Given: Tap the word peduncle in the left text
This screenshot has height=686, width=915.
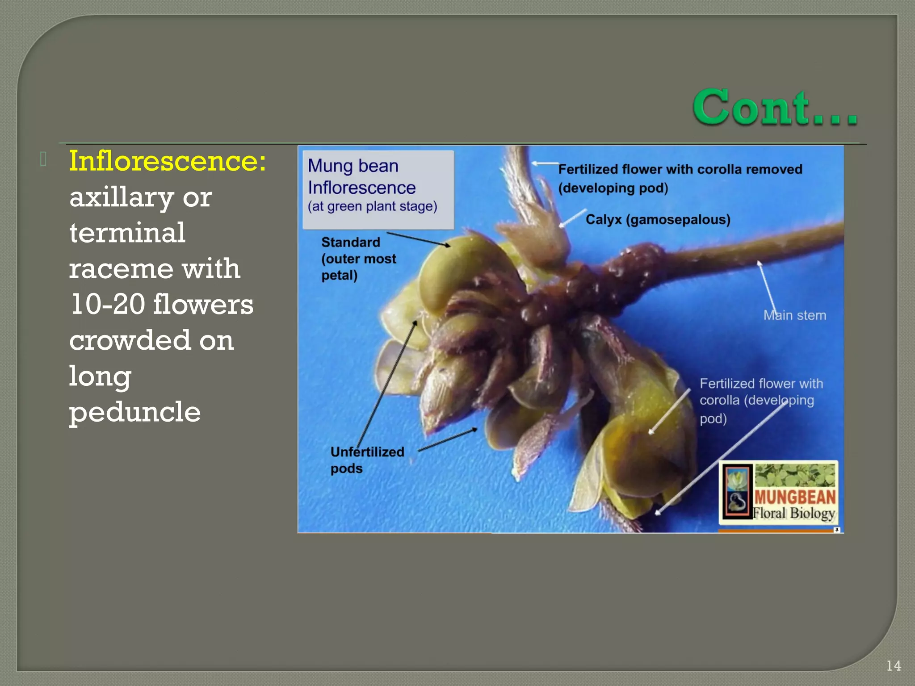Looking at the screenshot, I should (134, 412).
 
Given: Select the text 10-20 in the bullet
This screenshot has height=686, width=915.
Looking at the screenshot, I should (108, 305).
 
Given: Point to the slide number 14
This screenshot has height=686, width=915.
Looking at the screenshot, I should (894, 666).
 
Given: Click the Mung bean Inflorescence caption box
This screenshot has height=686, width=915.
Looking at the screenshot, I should (378, 189).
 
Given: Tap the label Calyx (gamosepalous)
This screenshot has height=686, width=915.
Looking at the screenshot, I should (658, 220).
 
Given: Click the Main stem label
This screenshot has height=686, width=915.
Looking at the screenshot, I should (794, 315).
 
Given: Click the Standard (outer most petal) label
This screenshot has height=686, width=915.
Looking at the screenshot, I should (358, 259).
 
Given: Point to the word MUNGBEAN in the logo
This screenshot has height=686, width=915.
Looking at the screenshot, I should (794, 497).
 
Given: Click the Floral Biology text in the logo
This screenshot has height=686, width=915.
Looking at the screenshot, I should (793, 514).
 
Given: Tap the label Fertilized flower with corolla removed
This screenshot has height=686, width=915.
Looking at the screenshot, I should (680, 170).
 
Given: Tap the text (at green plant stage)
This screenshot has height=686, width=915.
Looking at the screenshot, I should (372, 207).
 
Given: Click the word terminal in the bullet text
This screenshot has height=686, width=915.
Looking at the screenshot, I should (127, 233).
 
